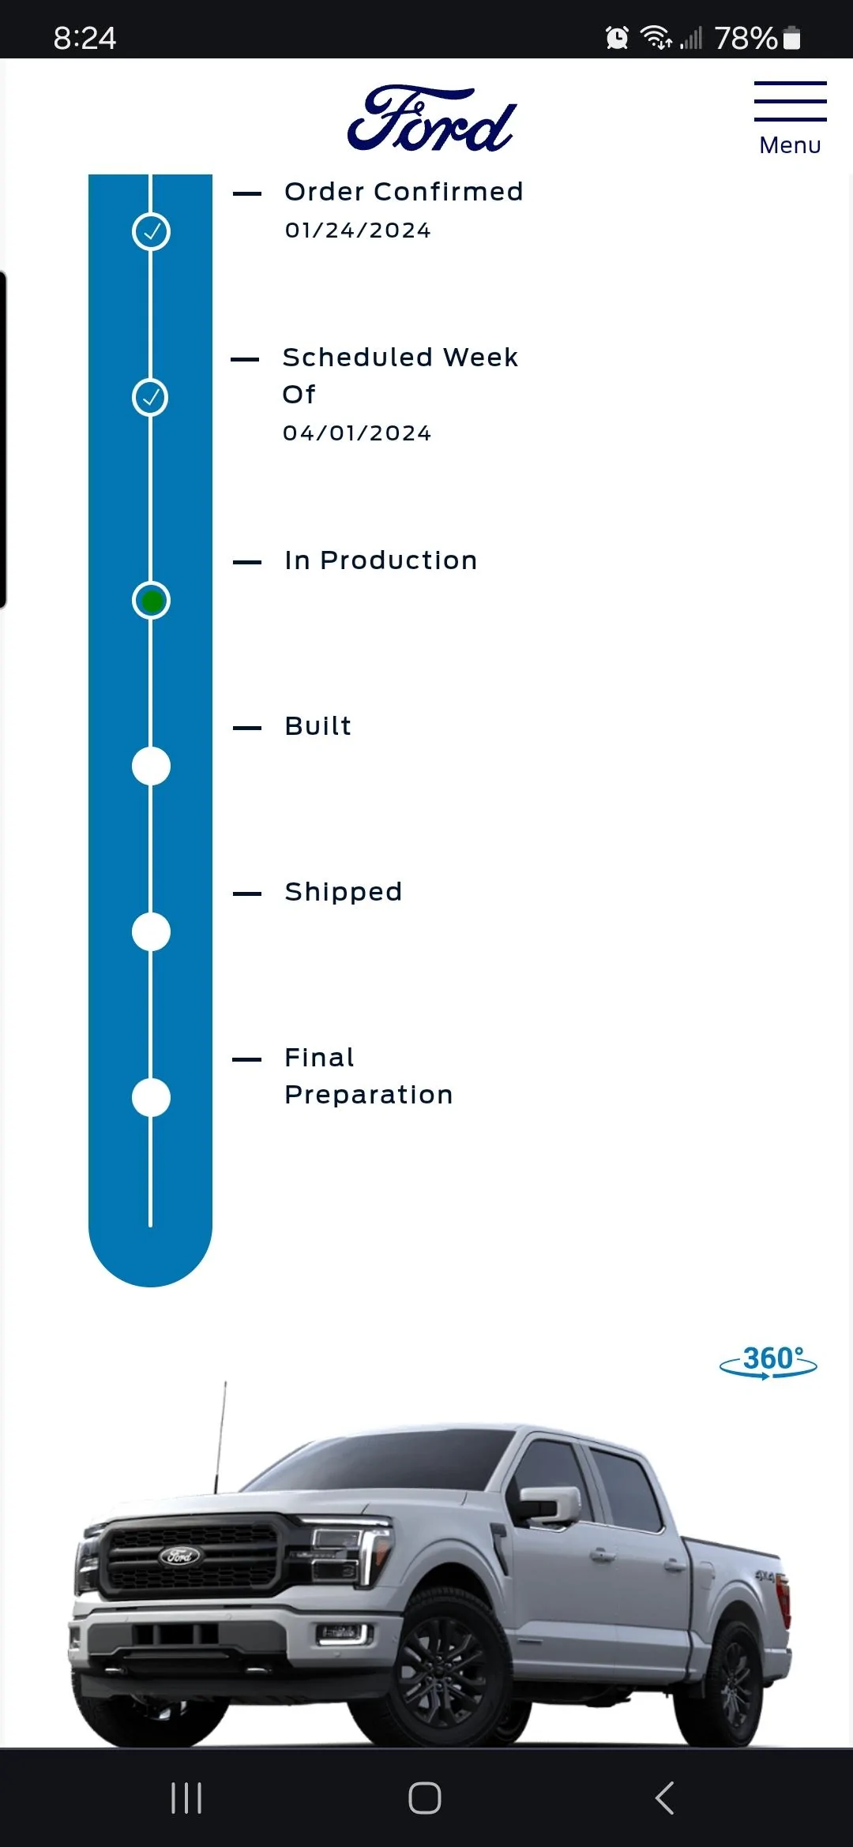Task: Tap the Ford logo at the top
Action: pos(432,118)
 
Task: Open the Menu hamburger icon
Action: pos(790,101)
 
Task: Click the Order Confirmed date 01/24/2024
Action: pos(358,230)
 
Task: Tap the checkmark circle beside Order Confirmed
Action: pos(151,232)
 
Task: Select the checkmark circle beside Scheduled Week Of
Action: pos(150,397)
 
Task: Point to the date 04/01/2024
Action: pos(357,433)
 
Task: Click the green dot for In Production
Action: pos(151,601)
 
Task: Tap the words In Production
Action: pos(381,560)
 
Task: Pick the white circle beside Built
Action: pos(151,766)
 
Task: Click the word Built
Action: pos(318,726)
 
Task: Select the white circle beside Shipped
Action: pos(151,932)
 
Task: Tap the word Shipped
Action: pos(344,892)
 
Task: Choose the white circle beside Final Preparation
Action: pos(151,1098)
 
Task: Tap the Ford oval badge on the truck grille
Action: pos(180,1556)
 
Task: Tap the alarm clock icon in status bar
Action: pos(617,37)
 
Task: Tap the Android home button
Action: pos(425,1798)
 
